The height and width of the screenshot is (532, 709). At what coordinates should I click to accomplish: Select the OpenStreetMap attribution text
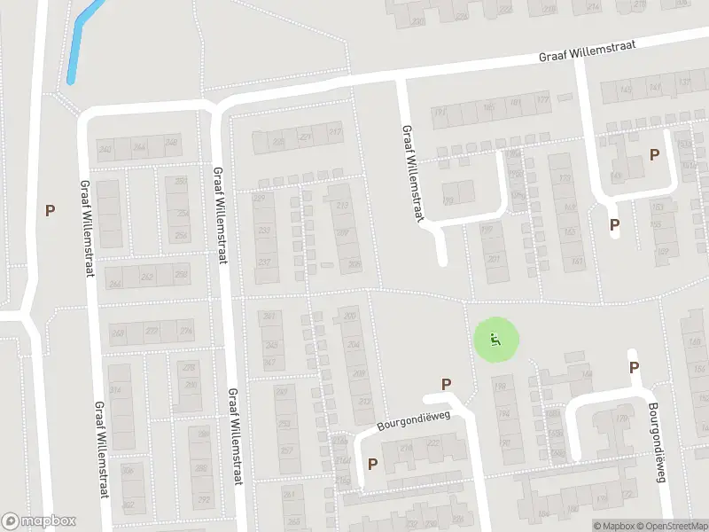[669, 526]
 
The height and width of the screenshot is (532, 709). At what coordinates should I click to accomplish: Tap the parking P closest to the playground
[447, 384]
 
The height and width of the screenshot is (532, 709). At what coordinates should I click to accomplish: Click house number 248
[171, 142]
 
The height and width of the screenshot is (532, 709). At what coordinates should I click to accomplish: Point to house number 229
[260, 198]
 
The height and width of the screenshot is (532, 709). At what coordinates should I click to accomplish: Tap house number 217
[334, 133]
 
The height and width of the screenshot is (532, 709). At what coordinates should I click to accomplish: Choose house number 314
[115, 390]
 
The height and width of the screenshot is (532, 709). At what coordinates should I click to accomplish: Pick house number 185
[440, 112]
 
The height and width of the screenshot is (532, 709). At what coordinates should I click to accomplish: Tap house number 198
[500, 387]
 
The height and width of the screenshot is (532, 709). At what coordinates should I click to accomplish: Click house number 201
[494, 258]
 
